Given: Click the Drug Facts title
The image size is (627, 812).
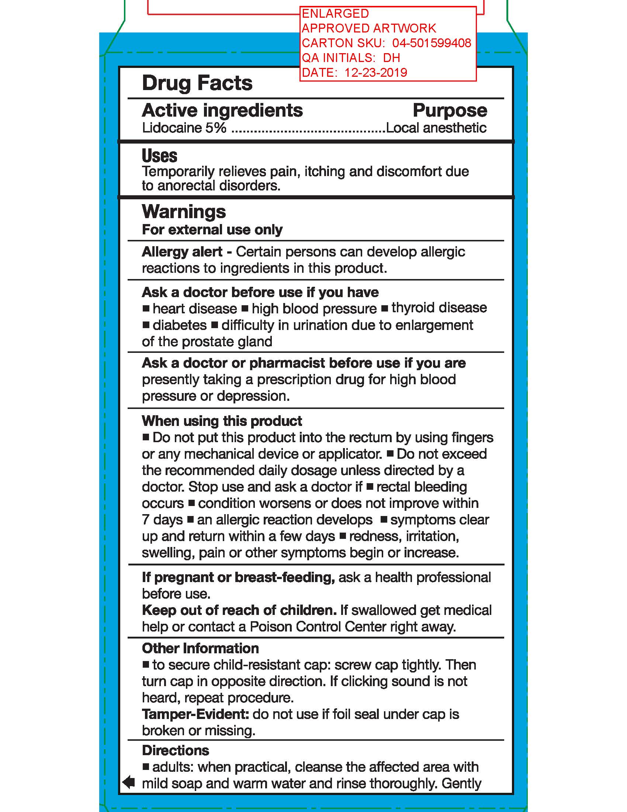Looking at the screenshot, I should [x=197, y=83].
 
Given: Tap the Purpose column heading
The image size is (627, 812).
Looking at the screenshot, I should [x=450, y=110].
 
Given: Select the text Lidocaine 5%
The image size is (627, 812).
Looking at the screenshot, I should [x=184, y=128].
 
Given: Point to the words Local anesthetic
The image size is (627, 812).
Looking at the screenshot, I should [x=436, y=128].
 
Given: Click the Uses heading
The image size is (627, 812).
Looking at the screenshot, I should [x=159, y=156].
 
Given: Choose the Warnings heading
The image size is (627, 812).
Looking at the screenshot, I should [x=184, y=212].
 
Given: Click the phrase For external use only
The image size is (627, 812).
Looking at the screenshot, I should [x=212, y=230].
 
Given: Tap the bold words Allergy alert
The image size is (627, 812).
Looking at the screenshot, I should [x=182, y=252].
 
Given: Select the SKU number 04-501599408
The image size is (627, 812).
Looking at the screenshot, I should [x=432, y=43].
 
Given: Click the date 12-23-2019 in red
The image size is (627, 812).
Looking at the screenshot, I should [x=375, y=72].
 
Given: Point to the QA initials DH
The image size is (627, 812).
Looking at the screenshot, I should [x=391, y=58].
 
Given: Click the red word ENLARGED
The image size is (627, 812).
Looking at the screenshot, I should [x=335, y=14].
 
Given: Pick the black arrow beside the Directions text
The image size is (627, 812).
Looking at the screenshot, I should [x=128, y=782].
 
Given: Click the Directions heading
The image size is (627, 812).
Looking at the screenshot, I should [x=175, y=750].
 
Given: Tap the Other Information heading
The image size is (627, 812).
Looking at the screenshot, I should [x=200, y=648].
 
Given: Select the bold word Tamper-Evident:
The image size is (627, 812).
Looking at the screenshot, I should [x=195, y=714].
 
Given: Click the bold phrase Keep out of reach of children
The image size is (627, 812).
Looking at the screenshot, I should [x=239, y=610].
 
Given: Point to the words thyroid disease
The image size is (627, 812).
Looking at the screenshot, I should [x=439, y=308].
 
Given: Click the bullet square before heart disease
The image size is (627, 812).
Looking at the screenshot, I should [x=146, y=308].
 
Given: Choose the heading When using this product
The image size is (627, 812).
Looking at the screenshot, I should [x=222, y=421].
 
